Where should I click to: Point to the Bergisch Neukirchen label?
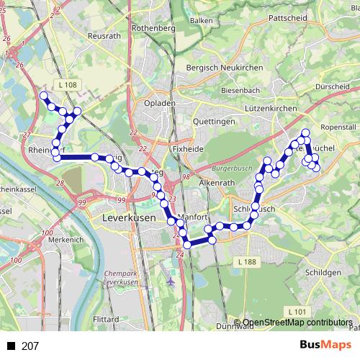tap(216, 67)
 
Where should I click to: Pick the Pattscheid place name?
tap(287, 17)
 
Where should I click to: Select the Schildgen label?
tap(323, 273)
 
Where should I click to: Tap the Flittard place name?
tap(107, 318)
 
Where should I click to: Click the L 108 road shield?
tap(68, 85)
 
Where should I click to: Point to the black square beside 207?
tap(11, 346)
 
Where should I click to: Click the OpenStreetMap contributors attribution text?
tap(297, 323)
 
